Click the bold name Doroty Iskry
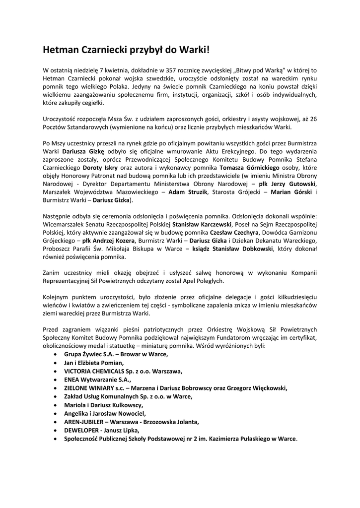(100, 167)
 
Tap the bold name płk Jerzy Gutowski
(288, 184)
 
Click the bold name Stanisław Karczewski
(198, 224)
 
